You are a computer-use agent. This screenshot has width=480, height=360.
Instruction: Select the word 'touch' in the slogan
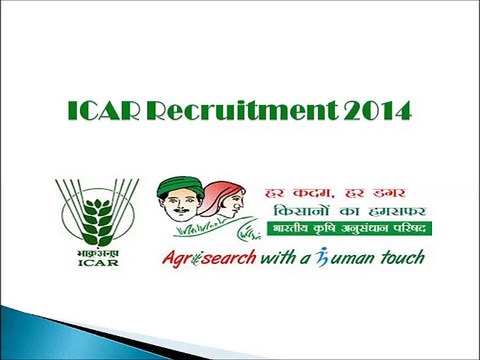[400, 257]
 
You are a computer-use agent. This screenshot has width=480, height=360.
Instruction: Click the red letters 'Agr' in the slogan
[177, 258]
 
